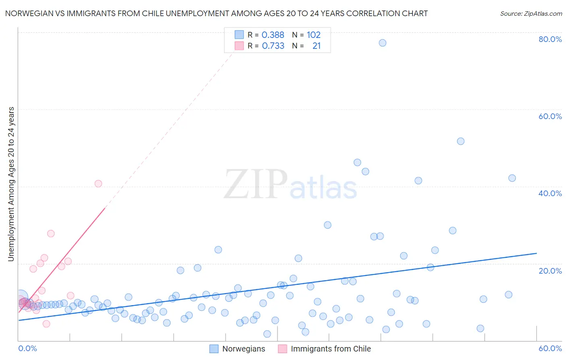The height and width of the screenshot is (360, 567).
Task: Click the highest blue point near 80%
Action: point(382,43)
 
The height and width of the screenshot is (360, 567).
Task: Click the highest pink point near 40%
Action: point(98,184)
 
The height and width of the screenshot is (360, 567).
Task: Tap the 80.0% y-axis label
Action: point(550,39)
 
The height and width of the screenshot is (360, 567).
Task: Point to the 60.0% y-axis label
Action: point(550,116)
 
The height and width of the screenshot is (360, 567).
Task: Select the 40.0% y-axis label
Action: point(550,193)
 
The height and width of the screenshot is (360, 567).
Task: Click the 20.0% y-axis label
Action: point(550,271)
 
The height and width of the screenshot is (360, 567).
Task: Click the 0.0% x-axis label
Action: point(27,348)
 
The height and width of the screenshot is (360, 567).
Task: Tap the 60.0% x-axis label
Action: point(550,348)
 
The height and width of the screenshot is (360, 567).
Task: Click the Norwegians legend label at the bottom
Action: point(244,349)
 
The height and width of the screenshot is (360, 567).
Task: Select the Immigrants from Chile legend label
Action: point(331,349)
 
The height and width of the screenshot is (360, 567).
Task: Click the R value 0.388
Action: point(273,35)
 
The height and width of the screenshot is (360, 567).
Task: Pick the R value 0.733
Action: point(273,46)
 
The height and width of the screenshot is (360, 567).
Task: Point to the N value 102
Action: point(313,35)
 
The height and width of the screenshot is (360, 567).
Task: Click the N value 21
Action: point(317,46)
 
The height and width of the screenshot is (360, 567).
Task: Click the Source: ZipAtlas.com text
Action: point(531,14)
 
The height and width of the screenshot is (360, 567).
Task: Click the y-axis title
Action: point(11,184)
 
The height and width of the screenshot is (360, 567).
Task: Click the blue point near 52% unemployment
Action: point(461,141)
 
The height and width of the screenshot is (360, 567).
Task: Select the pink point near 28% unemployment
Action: point(51,234)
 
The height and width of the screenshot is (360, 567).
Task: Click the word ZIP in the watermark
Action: point(255,184)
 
